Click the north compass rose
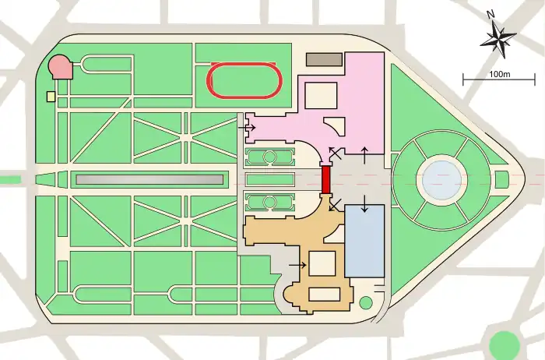tap(498, 38)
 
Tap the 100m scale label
tap(499, 73)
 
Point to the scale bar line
tap(499, 80)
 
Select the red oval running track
tap(244, 80)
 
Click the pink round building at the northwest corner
tap(61, 67)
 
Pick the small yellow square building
tap(51, 97)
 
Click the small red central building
tap(326, 180)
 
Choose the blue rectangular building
tap(364, 240)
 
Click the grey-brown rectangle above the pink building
tap(324, 59)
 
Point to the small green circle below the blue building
tap(366, 302)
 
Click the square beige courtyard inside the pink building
tap(319, 95)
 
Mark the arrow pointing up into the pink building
tap(364, 154)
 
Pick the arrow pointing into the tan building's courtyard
tap(297, 265)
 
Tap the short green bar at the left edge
tap(9, 180)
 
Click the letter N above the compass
tap(489, 15)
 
